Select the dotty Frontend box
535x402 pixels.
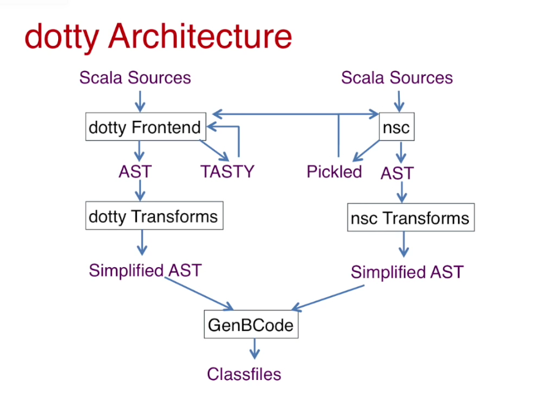pyautogui.click(x=144, y=127)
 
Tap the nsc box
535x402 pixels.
pyautogui.click(x=396, y=128)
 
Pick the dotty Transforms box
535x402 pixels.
pyautogui.click(x=153, y=216)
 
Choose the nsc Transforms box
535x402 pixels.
pyautogui.click(x=411, y=219)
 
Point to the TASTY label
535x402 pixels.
pyautogui.click(x=227, y=172)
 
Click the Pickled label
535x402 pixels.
pyautogui.click(x=334, y=172)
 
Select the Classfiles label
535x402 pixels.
pyautogui.click(x=244, y=374)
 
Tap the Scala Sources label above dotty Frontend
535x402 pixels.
pyautogui.click(x=135, y=78)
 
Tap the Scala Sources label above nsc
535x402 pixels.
pyautogui.click(x=397, y=78)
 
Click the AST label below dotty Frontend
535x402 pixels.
pyautogui.click(x=135, y=172)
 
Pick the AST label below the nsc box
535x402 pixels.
pyautogui.click(x=397, y=173)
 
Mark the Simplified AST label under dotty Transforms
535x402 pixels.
pyautogui.click(x=145, y=270)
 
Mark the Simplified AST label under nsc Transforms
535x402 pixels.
pyautogui.click(x=407, y=272)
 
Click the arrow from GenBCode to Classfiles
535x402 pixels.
pyautogui.click(x=254, y=350)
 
